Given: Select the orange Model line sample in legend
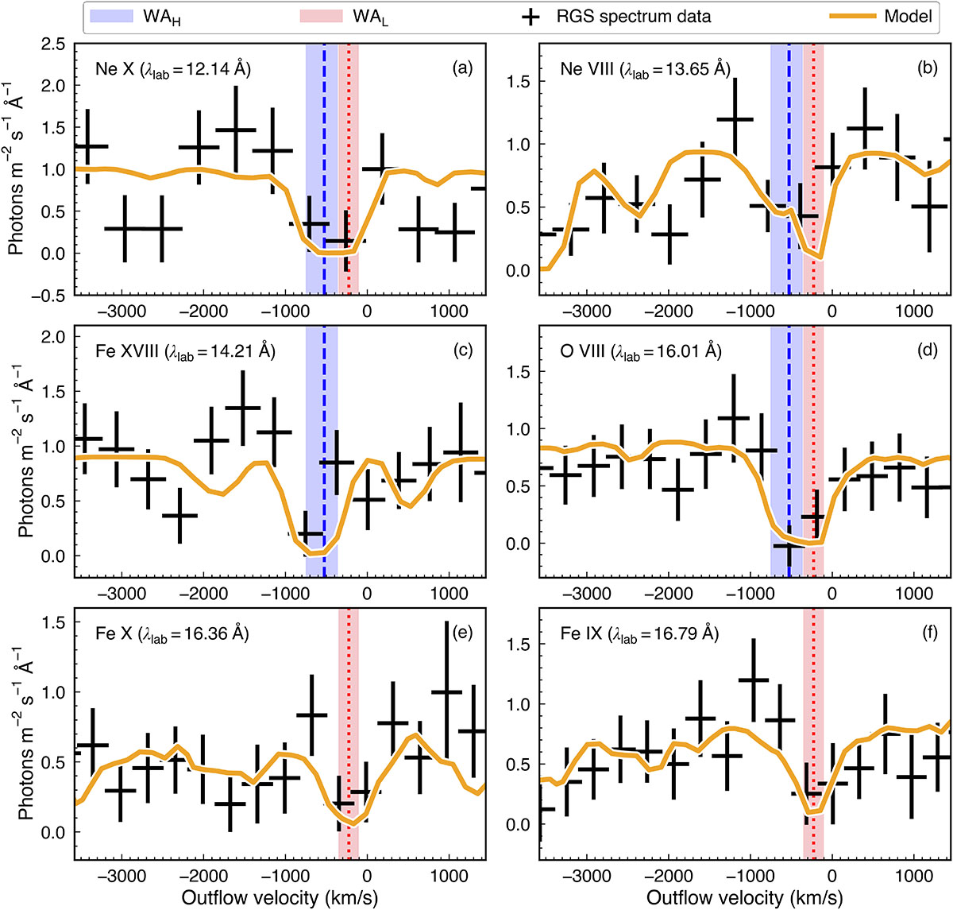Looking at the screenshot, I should click(x=841, y=16).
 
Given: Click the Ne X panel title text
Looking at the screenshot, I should click(x=168, y=69).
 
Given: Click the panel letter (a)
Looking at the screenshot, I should click(x=461, y=68).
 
